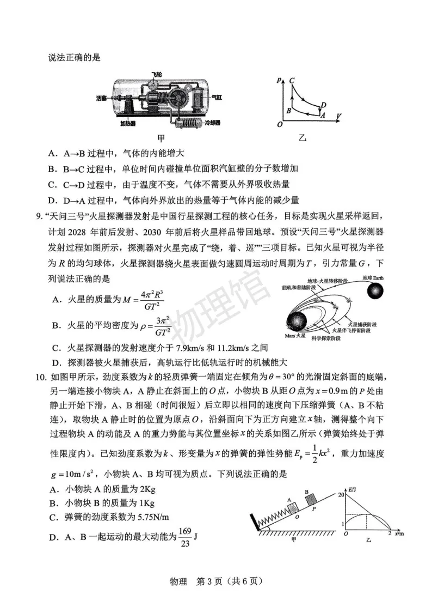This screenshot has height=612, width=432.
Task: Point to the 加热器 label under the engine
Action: [129, 123]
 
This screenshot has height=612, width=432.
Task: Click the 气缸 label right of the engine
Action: [217, 98]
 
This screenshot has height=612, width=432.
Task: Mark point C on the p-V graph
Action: [292, 81]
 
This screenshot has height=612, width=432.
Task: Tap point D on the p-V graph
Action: [324, 105]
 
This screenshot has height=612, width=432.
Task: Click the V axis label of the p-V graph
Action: [338, 116]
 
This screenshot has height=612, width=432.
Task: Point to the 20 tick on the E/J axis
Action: [341, 495]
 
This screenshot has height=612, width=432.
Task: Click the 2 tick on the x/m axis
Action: [390, 535]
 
